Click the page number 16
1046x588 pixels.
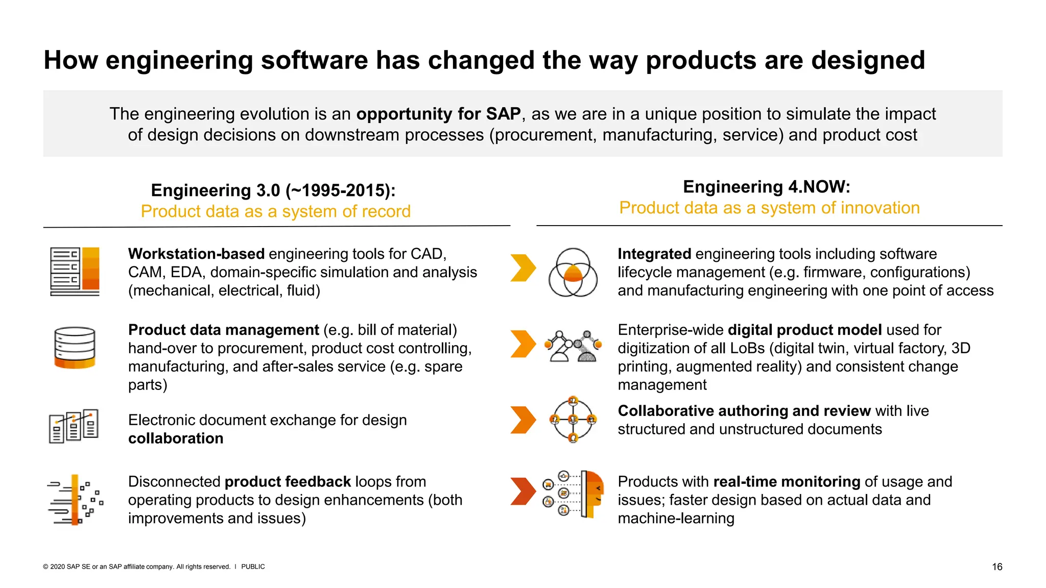point(996,567)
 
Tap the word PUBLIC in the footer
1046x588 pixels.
point(253,567)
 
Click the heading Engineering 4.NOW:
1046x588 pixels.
point(766,187)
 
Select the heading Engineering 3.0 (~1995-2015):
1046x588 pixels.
point(273,190)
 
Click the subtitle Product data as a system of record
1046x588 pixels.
point(275,211)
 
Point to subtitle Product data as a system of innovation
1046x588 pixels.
point(769,208)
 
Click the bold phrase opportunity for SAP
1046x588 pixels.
point(438,114)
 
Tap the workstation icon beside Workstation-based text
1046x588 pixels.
point(75,272)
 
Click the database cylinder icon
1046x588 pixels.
point(75,347)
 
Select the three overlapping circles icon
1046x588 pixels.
point(573,273)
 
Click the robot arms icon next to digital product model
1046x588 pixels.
point(573,347)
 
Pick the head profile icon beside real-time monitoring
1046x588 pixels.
point(592,494)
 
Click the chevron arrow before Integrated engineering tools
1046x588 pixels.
point(522,268)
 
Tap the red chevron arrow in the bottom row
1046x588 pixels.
point(522,491)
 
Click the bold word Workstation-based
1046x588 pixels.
point(196,254)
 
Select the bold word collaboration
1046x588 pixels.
point(176,438)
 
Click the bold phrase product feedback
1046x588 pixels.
point(288,481)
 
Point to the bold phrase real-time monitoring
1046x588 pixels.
point(787,481)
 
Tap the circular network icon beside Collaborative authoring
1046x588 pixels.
point(573,420)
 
